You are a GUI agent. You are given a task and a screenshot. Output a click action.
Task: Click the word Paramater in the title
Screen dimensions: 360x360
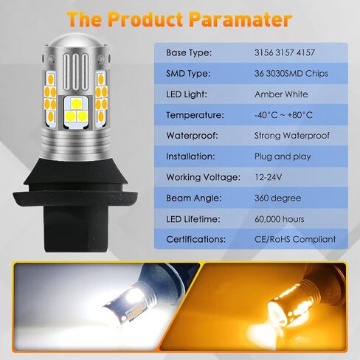241,19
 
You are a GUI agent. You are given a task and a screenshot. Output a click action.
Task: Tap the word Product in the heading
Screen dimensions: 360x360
145,19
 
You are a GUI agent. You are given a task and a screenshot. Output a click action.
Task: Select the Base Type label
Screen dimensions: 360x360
189,53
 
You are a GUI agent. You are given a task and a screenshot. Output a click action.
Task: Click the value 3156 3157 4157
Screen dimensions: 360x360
285,52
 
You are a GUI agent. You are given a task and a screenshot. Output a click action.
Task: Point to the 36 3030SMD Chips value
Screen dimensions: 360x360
291,74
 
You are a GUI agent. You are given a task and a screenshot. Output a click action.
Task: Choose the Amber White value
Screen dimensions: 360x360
281,94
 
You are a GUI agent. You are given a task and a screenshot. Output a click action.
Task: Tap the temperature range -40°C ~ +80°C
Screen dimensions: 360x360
283,115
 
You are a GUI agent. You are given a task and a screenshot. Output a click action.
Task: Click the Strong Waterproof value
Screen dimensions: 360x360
292,136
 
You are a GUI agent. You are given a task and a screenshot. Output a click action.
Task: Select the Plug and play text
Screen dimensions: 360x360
283,156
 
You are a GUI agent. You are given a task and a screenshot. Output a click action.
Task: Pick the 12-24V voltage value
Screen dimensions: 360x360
268,177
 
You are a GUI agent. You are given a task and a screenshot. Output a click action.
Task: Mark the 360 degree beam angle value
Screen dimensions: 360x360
277,198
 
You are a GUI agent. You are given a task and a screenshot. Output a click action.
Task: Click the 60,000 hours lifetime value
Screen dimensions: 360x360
280,219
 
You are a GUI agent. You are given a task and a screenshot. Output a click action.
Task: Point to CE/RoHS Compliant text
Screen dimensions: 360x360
295,240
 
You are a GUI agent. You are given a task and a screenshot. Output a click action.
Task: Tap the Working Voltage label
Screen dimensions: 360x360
203,178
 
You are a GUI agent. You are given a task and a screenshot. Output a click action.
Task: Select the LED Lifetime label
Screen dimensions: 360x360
193,219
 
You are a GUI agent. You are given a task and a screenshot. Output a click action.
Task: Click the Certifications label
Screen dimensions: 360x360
195,240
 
